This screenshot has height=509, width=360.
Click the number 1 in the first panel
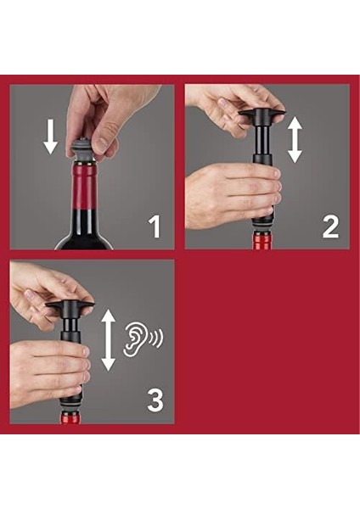155,227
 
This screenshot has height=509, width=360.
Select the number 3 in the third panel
155,400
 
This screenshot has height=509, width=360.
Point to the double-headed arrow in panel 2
295,139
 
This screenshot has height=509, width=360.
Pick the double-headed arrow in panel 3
109,339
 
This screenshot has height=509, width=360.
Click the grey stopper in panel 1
83,148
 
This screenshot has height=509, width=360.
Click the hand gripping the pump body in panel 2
231,195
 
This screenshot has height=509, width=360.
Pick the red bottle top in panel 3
70,417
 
